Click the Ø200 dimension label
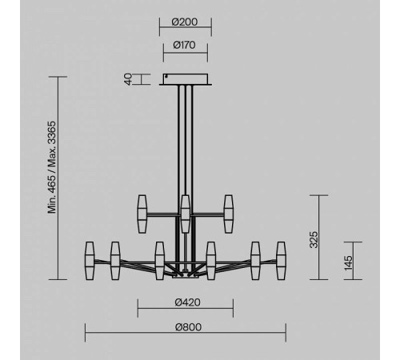(x=185, y=22)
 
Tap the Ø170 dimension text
(x=184, y=45)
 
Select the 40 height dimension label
(x=129, y=79)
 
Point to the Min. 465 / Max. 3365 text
(x=52, y=167)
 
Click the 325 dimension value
(x=314, y=240)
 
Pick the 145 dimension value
(x=348, y=263)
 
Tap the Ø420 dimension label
(x=188, y=302)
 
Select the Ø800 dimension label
(x=188, y=327)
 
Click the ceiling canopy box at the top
(x=186, y=79)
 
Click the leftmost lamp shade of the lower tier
(x=90, y=261)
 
